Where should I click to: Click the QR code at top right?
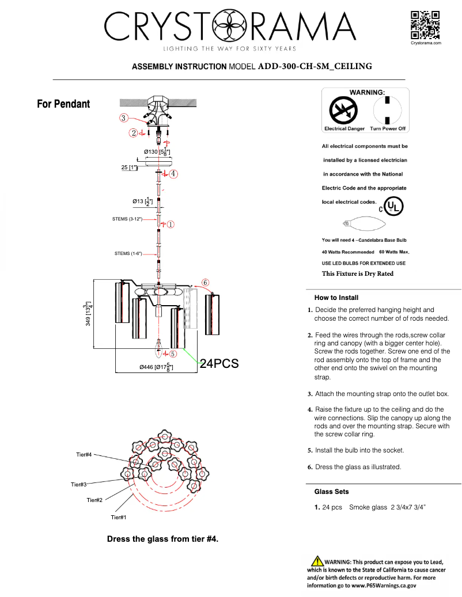426,25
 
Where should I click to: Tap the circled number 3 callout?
123,118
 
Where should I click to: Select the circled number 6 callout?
206,282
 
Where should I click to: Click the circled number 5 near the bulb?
173,353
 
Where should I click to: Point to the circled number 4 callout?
173,173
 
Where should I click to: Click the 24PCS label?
219,363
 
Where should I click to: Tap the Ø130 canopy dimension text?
157,151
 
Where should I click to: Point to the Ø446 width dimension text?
157,367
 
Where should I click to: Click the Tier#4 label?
84,455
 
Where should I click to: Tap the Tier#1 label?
118,518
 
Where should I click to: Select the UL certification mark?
393,206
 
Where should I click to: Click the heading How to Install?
336,298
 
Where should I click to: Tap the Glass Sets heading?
331,492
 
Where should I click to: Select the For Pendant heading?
63,104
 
